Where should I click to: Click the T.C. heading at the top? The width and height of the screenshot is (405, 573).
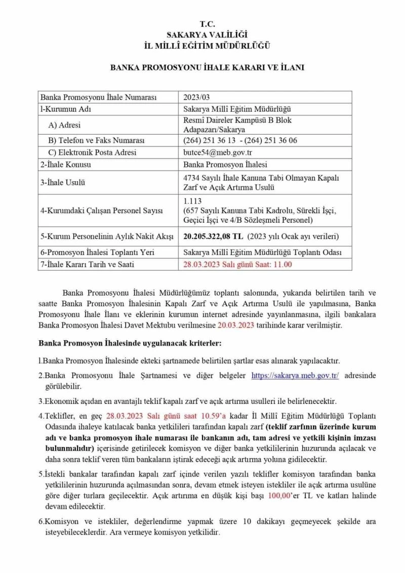tap(207, 24)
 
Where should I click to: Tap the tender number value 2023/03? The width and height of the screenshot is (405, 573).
tap(194, 97)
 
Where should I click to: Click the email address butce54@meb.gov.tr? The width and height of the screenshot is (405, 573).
tap(210, 152)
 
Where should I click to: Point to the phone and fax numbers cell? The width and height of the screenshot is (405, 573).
tap(240, 140)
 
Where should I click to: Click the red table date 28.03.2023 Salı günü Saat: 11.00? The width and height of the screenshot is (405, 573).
tap(237, 264)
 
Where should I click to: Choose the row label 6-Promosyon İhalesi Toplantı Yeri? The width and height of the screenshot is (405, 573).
tap(97, 252)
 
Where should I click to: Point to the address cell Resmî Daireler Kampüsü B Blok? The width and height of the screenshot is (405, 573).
tap(237, 120)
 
